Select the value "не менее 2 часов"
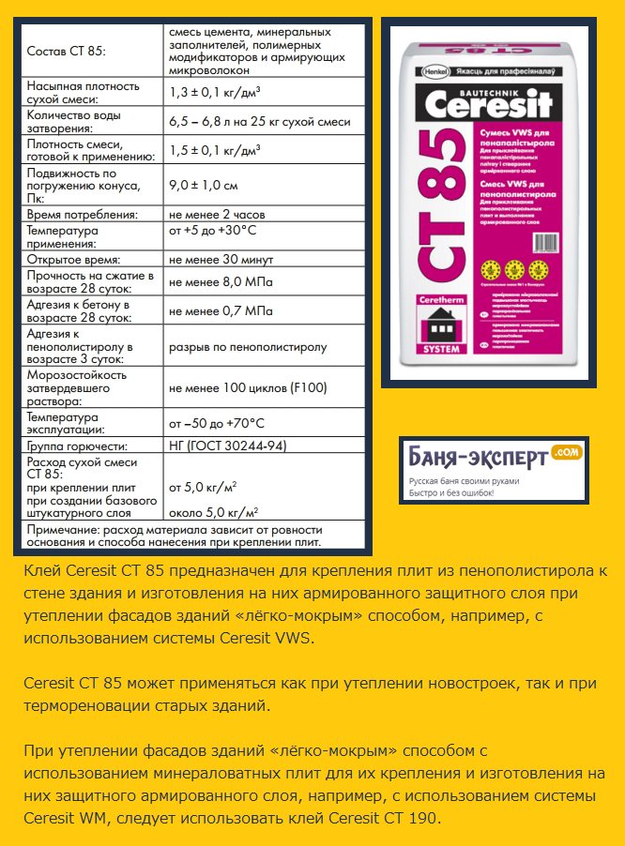tap(217, 215)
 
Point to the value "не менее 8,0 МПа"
tap(221, 281)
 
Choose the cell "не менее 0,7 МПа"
tap(221, 310)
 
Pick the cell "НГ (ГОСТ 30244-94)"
tap(227, 446)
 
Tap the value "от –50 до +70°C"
tap(217, 423)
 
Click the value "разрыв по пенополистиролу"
tap(248, 347)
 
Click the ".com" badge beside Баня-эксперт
tap(568, 452)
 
